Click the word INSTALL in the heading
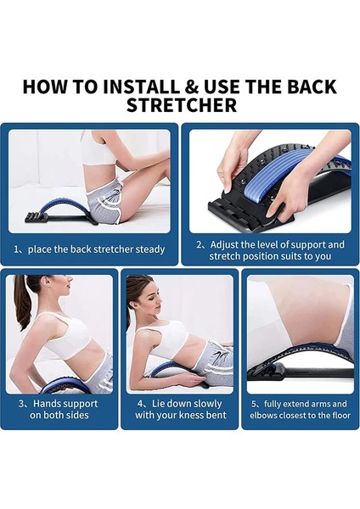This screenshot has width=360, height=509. click(x=143, y=87)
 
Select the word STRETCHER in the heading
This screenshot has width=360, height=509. click(x=182, y=105)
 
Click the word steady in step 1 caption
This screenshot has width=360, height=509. click(x=149, y=249)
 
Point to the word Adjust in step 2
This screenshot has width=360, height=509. click(x=224, y=244)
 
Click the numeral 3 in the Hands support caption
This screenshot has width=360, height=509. click(x=21, y=404)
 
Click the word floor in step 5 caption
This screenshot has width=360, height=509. click(x=341, y=415)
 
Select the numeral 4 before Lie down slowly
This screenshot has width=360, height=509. click(x=140, y=404)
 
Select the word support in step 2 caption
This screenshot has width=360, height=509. click(x=307, y=245)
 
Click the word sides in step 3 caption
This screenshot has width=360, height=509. click(x=77, y=415)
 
